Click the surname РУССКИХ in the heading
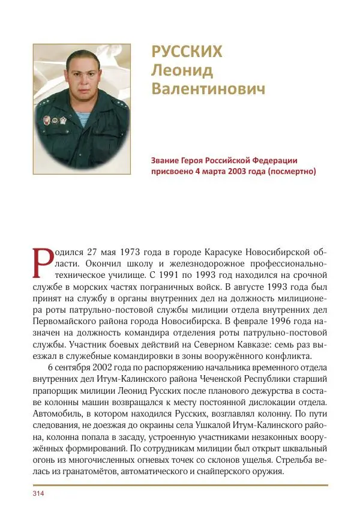click(x=187, y=52)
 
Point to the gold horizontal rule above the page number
click(x=180, y=484)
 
